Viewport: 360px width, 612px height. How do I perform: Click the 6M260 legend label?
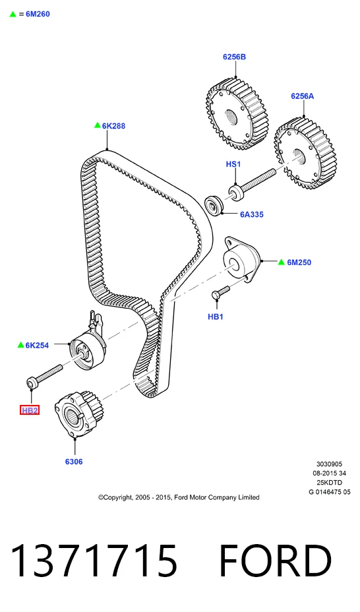(38, 14)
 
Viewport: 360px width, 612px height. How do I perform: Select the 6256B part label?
(235, 57)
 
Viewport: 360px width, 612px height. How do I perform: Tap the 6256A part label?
(302, 96)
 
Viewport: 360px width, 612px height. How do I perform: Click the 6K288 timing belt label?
(113, 126)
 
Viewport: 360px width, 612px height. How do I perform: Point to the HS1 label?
(233, 164)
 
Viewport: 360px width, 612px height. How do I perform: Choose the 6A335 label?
(252, 214)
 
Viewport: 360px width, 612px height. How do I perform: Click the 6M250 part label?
(299, 262)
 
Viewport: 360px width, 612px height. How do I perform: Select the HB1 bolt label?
(216, 317)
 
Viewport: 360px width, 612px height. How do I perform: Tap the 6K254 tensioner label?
(37, 345)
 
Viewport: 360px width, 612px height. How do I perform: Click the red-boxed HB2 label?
(30, 410)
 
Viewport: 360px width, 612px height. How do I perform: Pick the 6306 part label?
(74, 462)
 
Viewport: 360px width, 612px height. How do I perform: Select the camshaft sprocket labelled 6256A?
(305, 154)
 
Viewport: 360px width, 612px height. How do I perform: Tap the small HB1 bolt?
(221, 293)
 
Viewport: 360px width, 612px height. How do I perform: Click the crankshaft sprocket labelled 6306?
(78, 415)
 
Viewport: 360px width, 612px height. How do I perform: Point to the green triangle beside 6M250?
(282, 262)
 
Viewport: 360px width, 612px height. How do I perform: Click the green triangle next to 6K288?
(97, 125)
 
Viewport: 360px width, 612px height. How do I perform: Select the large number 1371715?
(94, 561)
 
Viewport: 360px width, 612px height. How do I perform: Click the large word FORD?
(276, 561)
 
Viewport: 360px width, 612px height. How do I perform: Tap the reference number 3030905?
(329, 464)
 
